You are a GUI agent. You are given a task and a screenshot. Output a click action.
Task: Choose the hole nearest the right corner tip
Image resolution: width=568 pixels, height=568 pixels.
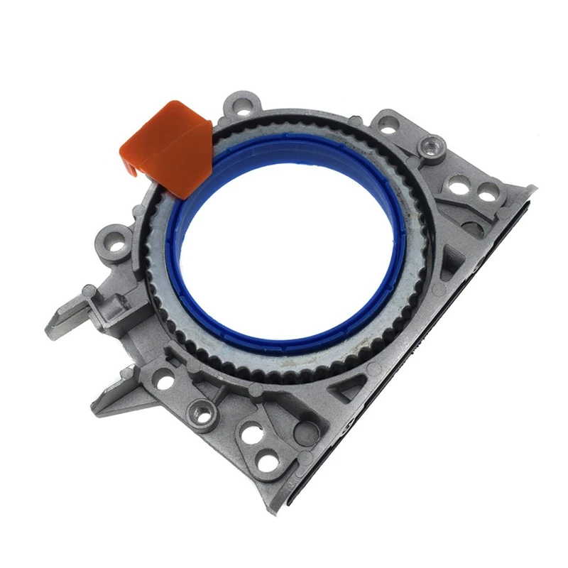click(488, 192)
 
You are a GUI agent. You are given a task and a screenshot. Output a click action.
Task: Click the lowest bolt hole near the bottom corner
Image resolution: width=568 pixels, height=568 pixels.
click(268, 461)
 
